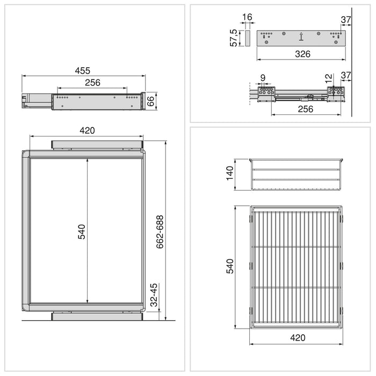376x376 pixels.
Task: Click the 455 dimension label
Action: [82, 70]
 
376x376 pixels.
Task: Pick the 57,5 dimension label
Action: [234, 38]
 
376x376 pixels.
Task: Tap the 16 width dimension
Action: [247, 18]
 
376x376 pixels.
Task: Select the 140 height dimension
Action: [230, 174]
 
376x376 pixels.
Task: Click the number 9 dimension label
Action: [263, 78]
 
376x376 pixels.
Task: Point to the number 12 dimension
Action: [329, 78]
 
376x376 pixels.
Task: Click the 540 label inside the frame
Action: [82, 231]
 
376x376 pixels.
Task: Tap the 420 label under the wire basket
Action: [297, 338]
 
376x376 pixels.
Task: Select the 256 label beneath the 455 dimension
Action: [92, 83]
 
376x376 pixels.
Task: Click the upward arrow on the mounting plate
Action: [301, 37]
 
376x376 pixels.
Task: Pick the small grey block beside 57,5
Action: [248, 38]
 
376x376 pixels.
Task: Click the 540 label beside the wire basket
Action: [230, 266]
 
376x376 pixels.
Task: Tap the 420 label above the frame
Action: [87, 130]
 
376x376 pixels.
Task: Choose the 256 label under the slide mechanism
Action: [305, 109]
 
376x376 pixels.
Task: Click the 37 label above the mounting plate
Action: [346, 20]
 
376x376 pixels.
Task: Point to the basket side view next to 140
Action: [296, 174]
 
